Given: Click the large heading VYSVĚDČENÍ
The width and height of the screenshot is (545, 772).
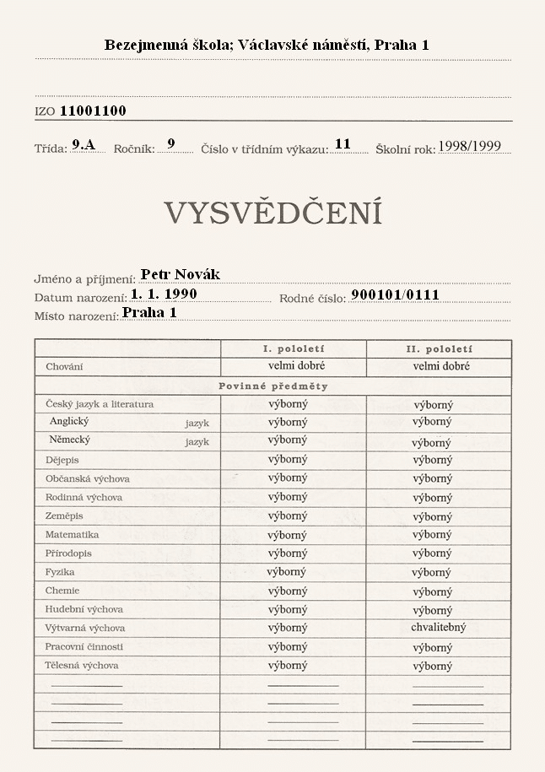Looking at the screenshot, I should pyautogui.click(x=272, y=213).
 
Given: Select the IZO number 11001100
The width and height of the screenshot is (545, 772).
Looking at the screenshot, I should pyautogui.click(x=93, y=111).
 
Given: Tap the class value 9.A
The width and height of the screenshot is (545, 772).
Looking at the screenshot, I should pyautogui.click(x=84, y=144).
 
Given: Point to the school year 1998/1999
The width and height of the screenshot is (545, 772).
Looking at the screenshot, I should pyautogui.click(x=469, y=146).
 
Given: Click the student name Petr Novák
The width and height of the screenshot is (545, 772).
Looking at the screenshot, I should pyautogui.click(x=180, y=274).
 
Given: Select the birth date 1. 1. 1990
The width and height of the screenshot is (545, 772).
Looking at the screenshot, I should pyautogui.click(x=164, y=294).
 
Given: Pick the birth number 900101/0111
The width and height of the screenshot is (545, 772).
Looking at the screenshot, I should pyautogui.click(x=395, y=294).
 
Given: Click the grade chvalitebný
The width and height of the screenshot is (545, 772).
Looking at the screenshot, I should pyautogui.click(x=438, y=628).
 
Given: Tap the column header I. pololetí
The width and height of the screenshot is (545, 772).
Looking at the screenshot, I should pyautogui.click(x=293, y=348).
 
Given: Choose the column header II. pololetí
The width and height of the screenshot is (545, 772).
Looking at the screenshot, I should pyautogui.click(x=439, y=348).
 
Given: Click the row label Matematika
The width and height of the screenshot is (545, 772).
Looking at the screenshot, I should pyautogui.click(x=72, y=535).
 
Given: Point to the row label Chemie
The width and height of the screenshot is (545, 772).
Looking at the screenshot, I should pyautogui.click(x=62, y=591).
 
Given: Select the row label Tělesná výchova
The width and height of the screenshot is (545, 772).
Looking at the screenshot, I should pyautogui.click(x=82, y=666).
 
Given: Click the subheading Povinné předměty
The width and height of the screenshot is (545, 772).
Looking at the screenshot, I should pyautogui.click(x=272, y=386).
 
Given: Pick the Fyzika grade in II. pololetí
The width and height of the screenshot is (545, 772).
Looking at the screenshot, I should pyautogui.click(x=431, y=572).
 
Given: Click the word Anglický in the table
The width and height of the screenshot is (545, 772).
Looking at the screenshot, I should pyautogui.click(x=69, y=421).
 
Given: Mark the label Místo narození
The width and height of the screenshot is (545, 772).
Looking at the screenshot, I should pyautogui.click(x=75, y=316).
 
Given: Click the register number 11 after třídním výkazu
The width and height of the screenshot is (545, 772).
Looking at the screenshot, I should pyautogui.click(x=343, y=144).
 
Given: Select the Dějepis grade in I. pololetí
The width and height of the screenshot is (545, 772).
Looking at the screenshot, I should pyautogui.click(x=288, y=459).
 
